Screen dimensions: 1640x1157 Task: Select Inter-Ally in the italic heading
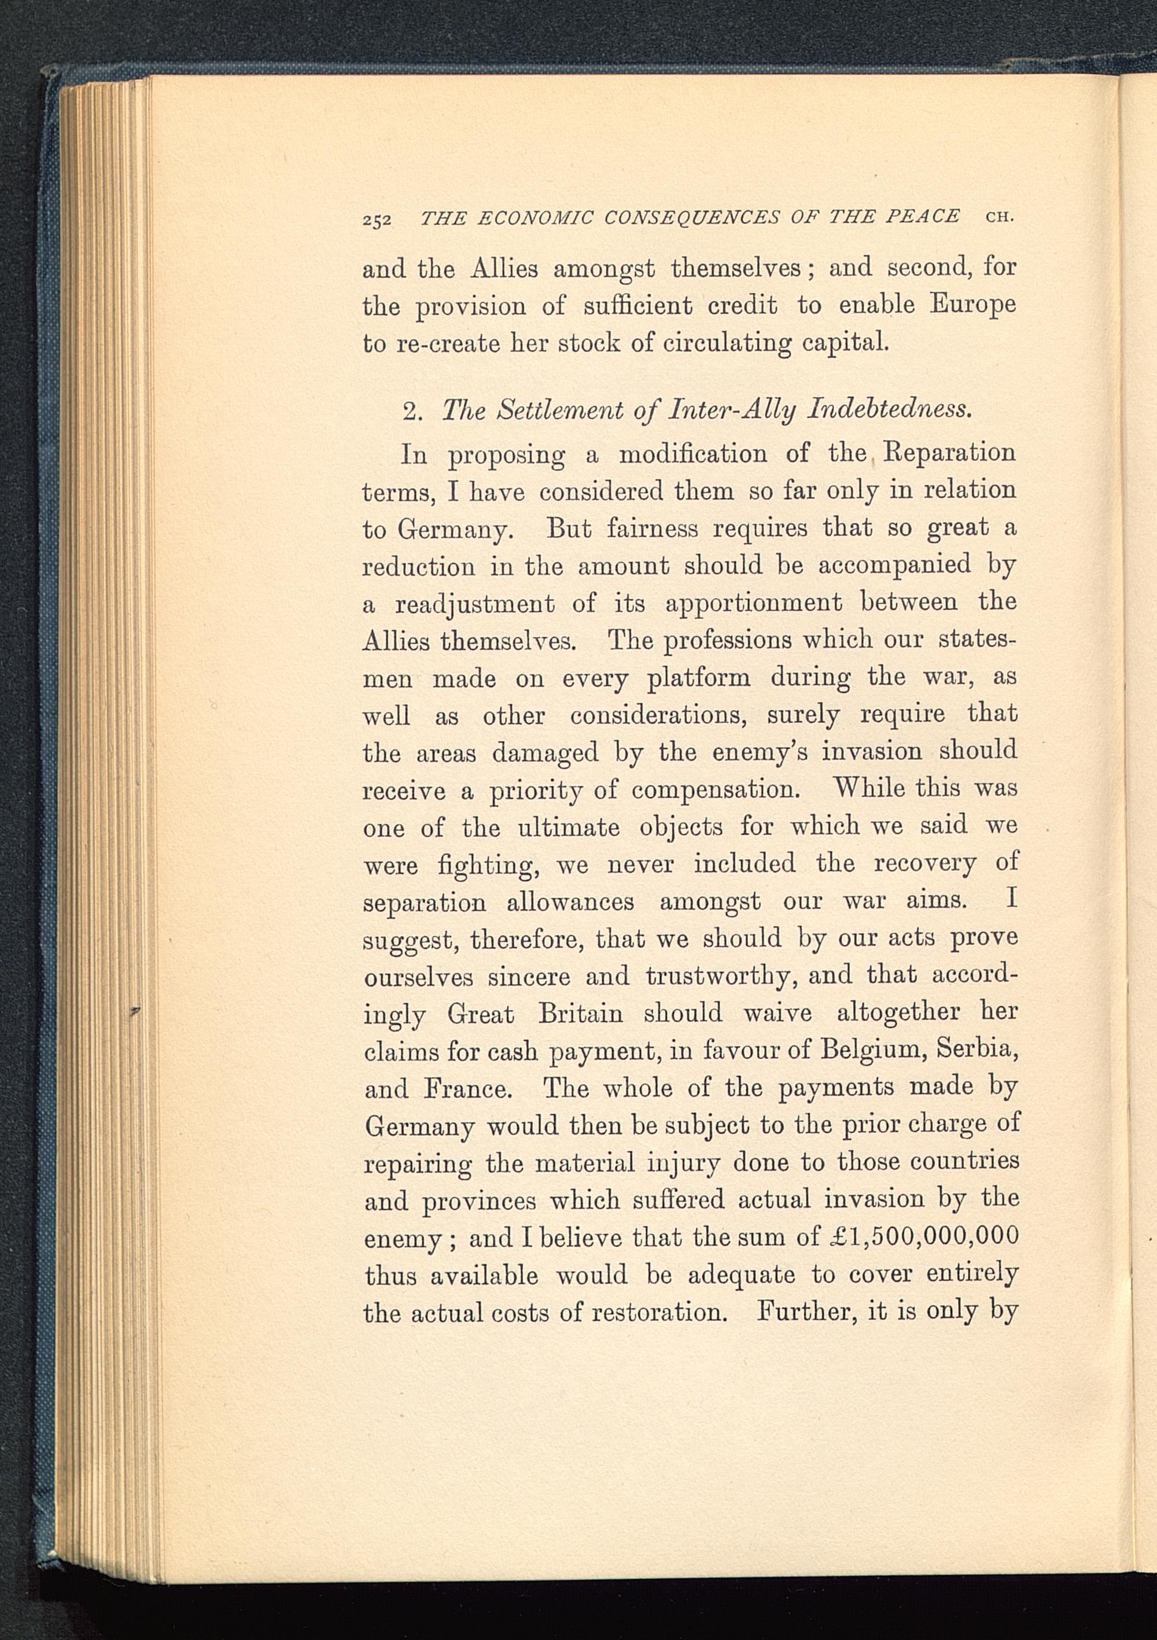tap(732, 411)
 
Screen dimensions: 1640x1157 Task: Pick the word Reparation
tap(949, 453)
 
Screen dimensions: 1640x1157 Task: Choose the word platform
tap(698, 678)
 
